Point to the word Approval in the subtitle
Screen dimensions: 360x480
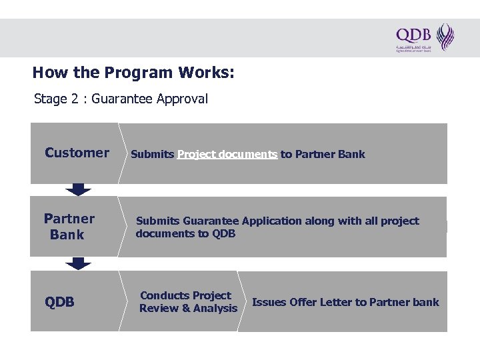pyautogui.click(x=183, y=99)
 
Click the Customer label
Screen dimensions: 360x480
pyautogui.click(x=77, y=153)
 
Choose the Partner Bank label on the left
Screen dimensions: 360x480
pyautogui.click(x=69, y=227)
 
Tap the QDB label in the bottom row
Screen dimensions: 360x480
pyautogui.click(x=59, y=303)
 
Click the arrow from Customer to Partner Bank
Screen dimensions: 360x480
pyautogui.click(x=79, y=189)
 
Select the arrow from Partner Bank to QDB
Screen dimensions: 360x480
pyautogui.click(x=79, y=263)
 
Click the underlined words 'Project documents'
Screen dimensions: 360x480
pyautogui.click(x=227, y=154)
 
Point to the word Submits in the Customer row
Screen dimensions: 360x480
pyautogui.click(x=152, y=154)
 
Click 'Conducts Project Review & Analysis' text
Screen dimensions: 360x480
pyautogui.click(x=188, y=302)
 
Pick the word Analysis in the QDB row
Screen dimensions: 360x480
pyautogui.click(x=215, y=308)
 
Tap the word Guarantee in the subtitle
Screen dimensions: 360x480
pyautogui.click(x=122, y=99)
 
